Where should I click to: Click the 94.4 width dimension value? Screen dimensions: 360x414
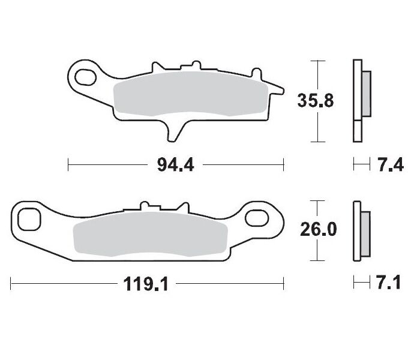click(x=175, y=164)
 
